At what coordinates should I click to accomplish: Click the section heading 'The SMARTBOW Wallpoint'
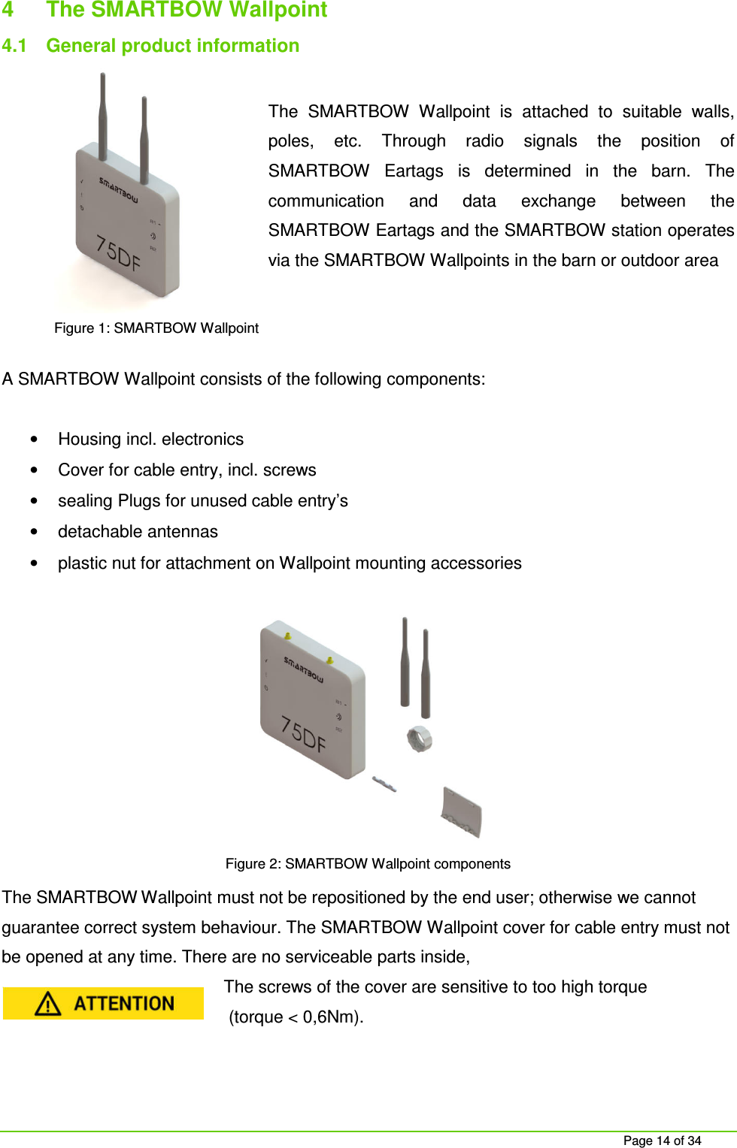pos(187,10)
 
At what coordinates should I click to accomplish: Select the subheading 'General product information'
pos(172,46)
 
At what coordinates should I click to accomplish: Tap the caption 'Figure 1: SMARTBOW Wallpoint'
pos(156,328)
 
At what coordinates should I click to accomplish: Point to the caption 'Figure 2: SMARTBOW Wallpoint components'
pos(368,864)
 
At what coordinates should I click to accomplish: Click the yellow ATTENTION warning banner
pos(103,1004)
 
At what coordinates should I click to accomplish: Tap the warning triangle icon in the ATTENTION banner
pos(48,1004)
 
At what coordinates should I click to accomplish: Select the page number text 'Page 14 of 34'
pos(662,1140)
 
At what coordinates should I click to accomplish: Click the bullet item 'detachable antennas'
pos(138,532)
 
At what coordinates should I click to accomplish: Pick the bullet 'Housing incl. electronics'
pos(150,440)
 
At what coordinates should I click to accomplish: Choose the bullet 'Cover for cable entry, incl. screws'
pos(187,470)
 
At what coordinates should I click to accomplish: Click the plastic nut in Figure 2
pos(420,739)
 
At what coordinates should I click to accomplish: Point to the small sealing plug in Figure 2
pos(384,784)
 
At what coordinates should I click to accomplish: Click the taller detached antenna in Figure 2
pos(405,661)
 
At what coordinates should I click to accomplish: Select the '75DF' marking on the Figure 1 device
pos(118,252)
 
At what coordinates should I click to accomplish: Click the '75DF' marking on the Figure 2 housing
pos(303,734)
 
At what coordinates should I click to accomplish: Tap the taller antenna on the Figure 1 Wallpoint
pos(103,113)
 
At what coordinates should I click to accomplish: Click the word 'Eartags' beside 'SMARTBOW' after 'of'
pos(414,171)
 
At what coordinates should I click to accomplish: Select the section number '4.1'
pos(14,46)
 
